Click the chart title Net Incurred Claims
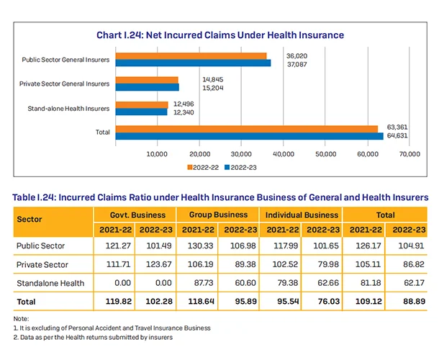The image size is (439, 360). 219,35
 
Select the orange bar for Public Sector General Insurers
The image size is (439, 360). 191,56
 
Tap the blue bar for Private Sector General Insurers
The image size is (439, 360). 148,88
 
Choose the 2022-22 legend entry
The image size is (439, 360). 205,166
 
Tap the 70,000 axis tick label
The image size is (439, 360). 409,154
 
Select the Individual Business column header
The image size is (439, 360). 302,215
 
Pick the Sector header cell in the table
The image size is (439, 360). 28,221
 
